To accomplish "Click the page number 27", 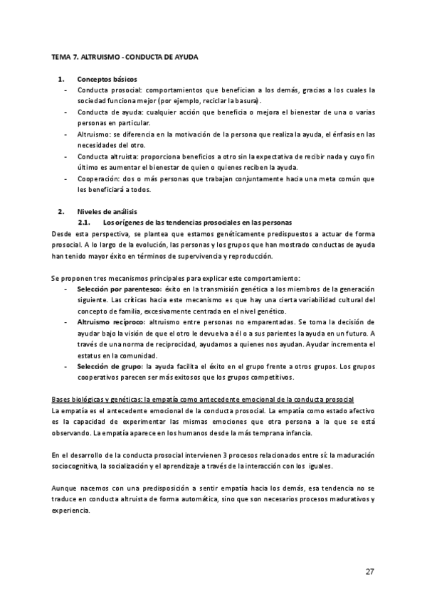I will click(369, 571).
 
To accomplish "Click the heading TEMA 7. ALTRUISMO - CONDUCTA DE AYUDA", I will click(125, 55).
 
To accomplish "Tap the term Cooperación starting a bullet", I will click(97, 178).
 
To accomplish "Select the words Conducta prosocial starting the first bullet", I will click(109, 90).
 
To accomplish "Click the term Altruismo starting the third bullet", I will click(94, 134).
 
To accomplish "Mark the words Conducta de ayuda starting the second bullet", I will click(107, 112).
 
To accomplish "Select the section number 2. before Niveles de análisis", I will click(61, 212).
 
